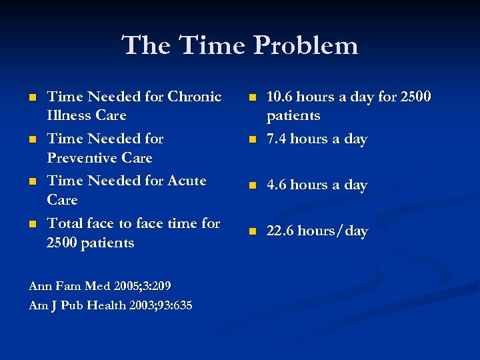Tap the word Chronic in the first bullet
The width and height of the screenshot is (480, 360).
coord(195,97)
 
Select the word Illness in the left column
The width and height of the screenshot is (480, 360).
coord(67,115)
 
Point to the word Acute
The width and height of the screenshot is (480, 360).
coord(181,181)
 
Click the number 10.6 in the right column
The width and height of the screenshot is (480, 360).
coord(279,97)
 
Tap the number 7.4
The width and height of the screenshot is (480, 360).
coord(275,139)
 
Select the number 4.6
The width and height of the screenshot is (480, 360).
coord(276,185)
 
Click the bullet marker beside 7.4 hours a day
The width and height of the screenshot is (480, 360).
coord(252,140)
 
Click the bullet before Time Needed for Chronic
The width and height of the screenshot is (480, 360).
coord(33,97)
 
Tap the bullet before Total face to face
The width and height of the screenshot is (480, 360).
coord(33,224)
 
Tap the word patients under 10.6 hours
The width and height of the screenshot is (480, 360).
coord(293,116)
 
